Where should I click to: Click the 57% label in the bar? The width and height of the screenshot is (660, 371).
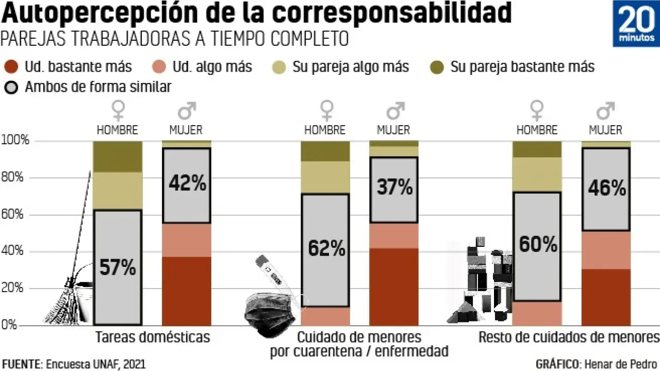click(x=118, y=267)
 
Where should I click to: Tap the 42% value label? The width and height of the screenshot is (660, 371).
click(x=187, y=183)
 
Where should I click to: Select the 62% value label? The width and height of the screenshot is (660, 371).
click(x=326, y=249)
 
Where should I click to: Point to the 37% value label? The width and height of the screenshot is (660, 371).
click(x=394, y=187)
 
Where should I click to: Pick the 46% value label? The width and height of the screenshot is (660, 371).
click(x=606, y=188)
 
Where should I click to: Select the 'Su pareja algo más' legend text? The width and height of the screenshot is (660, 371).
click(x=351, y=67)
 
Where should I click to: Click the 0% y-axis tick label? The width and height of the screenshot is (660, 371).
click(x=9, y=326)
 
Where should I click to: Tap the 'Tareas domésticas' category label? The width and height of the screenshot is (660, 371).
click(x=153, y=338)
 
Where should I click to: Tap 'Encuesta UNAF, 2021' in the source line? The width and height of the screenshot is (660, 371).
click(x=96, y=364)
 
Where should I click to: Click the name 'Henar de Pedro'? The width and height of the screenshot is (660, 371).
click(x=619, y=364)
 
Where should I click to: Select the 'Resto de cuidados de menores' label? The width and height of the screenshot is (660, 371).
click(x=569, y=338)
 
